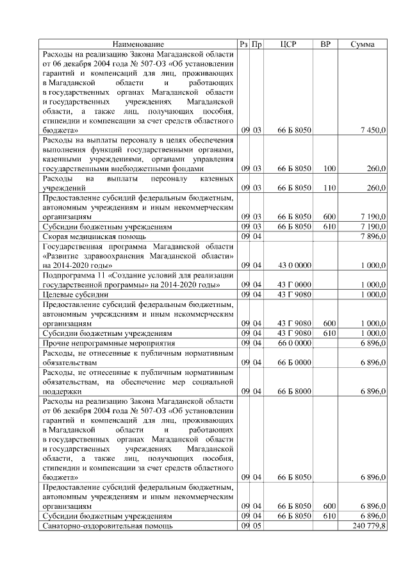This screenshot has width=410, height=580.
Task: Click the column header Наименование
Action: [x=138, y=44]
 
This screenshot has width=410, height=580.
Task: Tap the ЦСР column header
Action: [x=288, y=44]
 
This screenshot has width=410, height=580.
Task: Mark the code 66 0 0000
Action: [x=295, y=343]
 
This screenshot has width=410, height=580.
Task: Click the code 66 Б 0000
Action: [x=295, y=362]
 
